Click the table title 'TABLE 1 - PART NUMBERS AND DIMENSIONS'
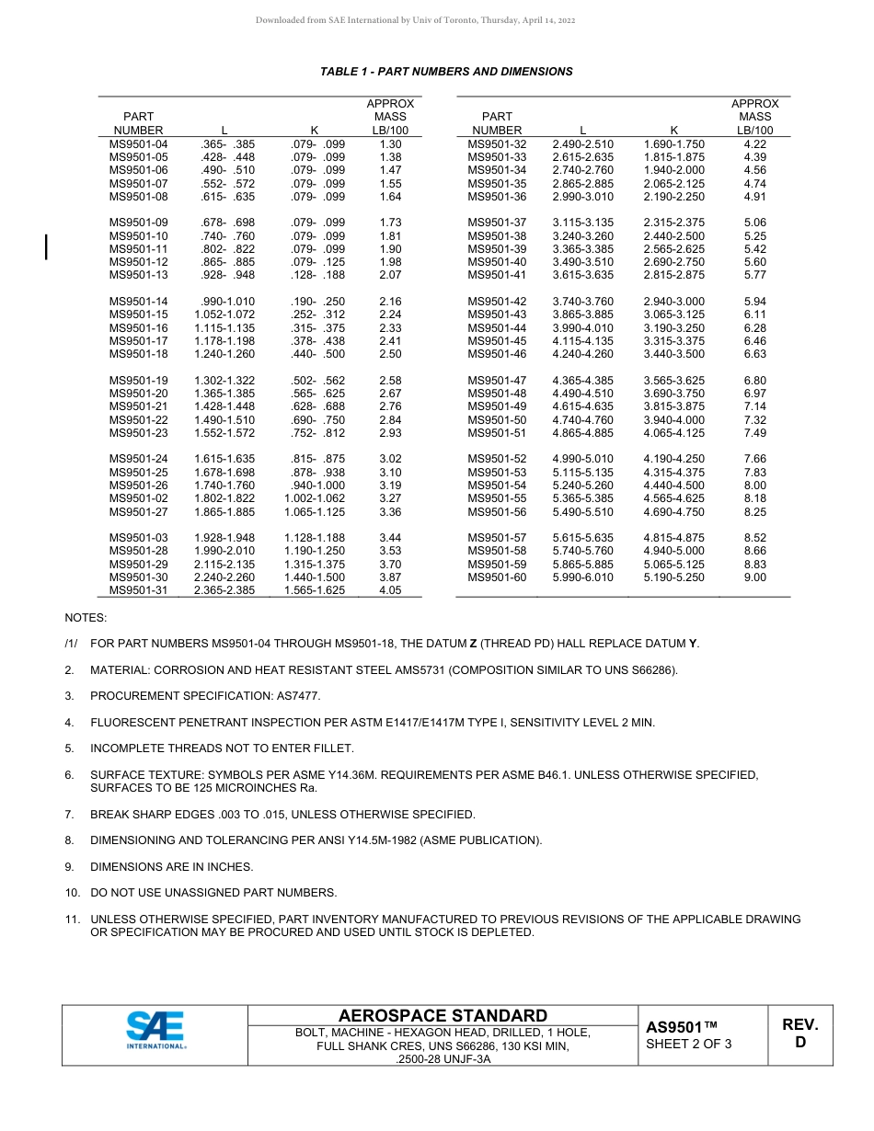446,72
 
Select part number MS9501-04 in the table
139,144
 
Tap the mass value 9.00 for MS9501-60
754,577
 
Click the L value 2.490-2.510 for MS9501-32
582,144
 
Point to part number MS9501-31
139,590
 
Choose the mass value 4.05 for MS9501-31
390,590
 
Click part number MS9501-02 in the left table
139,498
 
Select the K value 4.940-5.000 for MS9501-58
673,551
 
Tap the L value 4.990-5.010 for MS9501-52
582,459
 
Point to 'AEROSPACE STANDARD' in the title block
443,1016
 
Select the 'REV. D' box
799,1034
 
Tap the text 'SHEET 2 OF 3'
689,1044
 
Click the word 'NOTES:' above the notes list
86,618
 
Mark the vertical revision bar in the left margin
46,247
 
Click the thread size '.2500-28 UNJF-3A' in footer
443,1059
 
